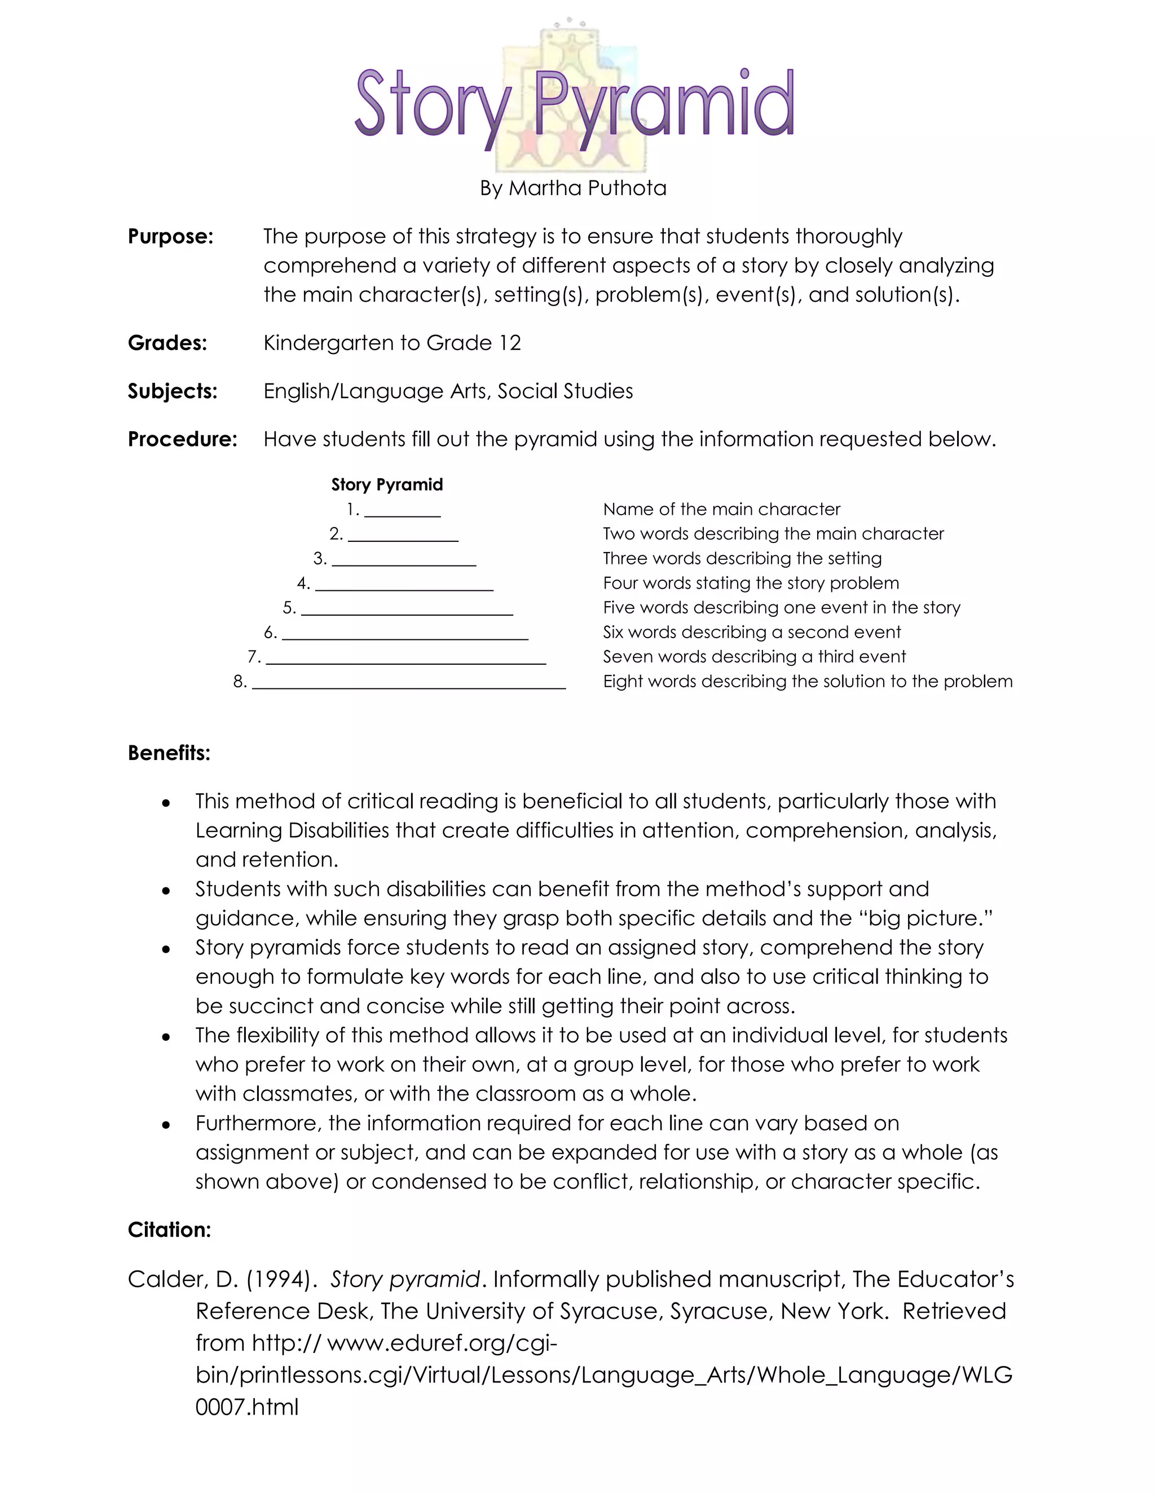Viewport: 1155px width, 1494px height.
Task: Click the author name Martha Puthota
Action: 587,188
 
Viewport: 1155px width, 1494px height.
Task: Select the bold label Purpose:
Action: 170,237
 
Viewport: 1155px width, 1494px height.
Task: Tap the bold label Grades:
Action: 167,343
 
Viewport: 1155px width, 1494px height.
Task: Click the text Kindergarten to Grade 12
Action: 392,343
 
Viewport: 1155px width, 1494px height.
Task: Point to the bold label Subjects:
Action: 173,391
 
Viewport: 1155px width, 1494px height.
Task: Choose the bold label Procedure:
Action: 182,439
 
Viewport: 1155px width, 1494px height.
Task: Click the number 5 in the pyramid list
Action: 289,607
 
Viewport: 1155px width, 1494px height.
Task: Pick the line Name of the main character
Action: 721,510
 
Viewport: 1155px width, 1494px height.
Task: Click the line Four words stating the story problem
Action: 751,584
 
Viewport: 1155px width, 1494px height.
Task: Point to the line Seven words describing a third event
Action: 754,657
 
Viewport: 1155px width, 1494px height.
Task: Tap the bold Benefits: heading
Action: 169,753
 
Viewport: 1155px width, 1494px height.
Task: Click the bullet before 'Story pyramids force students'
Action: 166,949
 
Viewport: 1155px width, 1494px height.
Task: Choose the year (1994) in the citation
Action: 279,1279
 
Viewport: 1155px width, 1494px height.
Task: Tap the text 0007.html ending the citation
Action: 247,1407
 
